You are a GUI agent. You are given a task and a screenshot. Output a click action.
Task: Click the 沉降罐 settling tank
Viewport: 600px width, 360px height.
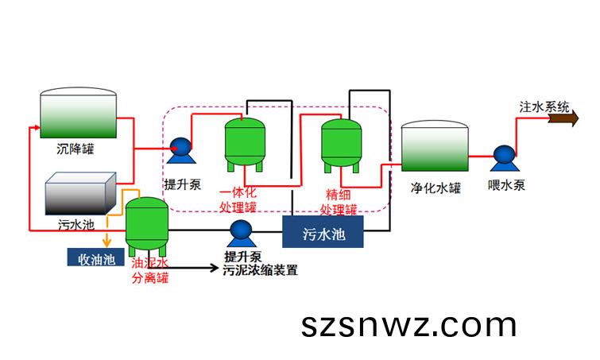[x=79, y=113]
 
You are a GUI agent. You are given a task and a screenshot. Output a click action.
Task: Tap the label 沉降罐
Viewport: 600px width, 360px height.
[x=75, y=149]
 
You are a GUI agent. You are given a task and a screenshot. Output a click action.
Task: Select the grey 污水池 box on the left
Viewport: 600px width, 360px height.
[x=80, y=193]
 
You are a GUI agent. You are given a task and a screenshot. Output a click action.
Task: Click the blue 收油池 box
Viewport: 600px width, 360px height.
[x=96, y=257]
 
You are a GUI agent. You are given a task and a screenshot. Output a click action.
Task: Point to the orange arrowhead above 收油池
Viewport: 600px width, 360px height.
[x=106, y=242]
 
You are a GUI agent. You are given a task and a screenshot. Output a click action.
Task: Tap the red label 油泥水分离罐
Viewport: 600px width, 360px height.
[x=150, y=270]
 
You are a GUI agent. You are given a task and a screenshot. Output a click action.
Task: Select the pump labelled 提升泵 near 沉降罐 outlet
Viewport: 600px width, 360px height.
[x=181, y=150]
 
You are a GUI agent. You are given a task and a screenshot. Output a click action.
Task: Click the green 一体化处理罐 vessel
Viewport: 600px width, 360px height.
[x=245, y=144]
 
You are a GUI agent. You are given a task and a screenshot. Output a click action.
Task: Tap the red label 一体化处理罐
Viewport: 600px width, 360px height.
[x=238, y=199]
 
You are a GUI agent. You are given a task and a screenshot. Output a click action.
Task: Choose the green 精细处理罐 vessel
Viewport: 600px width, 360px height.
[x=342, y=145]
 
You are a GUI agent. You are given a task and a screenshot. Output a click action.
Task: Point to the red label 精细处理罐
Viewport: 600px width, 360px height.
[x=339, y=202]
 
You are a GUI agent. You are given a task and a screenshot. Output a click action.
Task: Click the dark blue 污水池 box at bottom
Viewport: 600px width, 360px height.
[x=323, y=232]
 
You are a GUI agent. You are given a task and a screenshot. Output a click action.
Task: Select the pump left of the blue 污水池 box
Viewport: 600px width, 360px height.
[x=242, y=234]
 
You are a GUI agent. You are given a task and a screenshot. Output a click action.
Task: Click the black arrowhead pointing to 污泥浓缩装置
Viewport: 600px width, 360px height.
[x=213, y=268]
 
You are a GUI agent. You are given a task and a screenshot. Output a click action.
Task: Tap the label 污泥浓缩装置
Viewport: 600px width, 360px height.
[x=260, y=270]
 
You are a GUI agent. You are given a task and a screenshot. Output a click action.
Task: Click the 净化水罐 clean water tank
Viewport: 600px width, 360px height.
[x=435, y=145]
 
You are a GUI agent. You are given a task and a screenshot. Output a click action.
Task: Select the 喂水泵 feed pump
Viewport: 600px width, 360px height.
[x=505, y=158]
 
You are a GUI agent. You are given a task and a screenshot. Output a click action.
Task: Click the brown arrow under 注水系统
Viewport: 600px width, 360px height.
[x=563, y=118]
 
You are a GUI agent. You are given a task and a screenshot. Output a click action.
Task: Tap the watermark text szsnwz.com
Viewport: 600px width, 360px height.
[x=408, y=325]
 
